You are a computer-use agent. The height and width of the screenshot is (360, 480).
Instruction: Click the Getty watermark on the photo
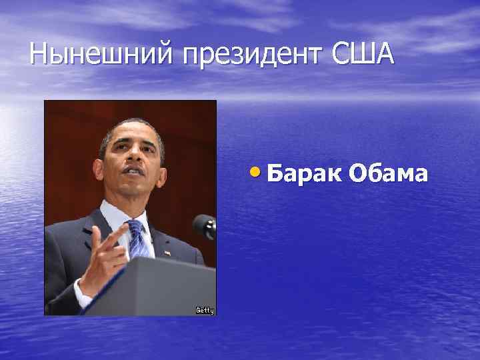coord(205,309)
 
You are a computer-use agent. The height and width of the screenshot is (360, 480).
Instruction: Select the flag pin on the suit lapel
coord(167,253)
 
